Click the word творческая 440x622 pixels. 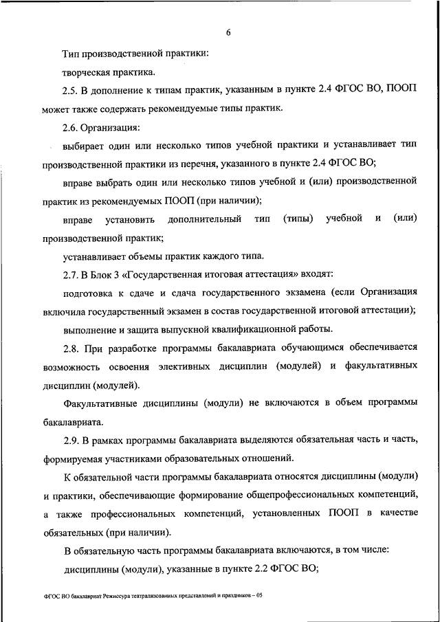(87, 71)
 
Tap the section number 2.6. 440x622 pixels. (71, 127)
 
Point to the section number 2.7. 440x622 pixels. (71, 275)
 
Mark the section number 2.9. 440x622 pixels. (71, 438)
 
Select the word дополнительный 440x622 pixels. (203, 219)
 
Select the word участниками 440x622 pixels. (148, 456)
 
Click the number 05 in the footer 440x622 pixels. (259, 596)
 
